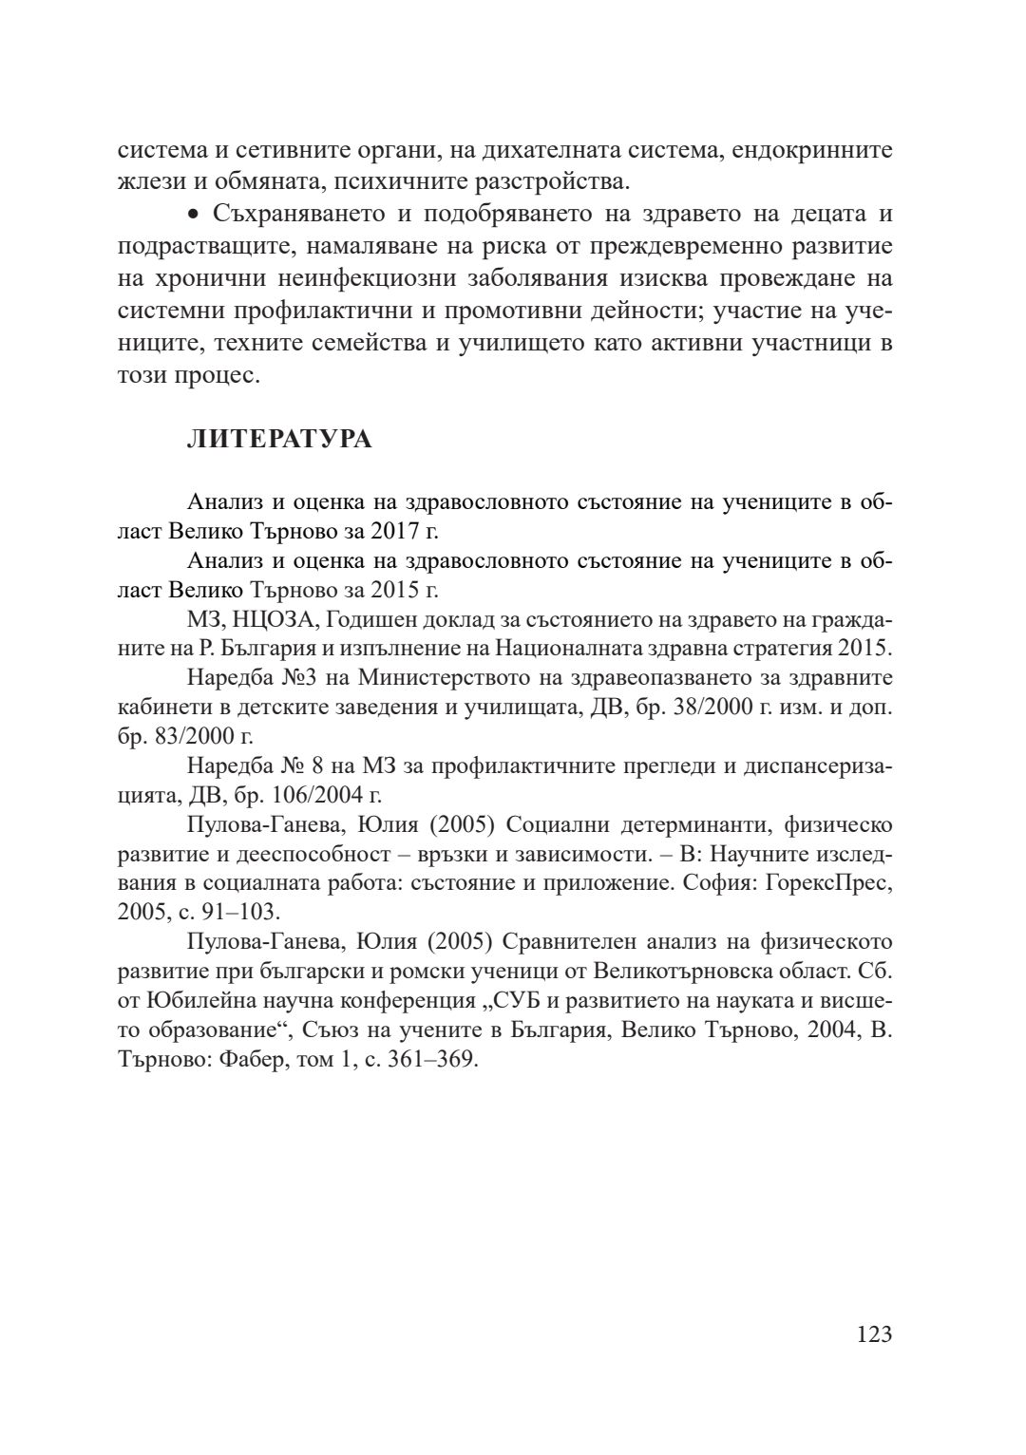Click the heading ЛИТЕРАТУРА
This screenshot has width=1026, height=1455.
279,440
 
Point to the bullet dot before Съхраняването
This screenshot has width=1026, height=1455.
194,215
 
